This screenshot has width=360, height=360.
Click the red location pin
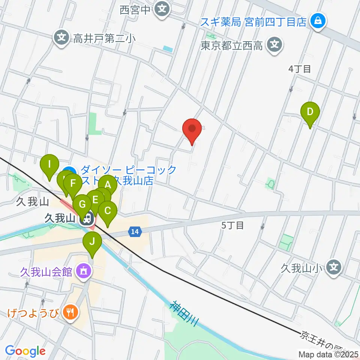[192, 129]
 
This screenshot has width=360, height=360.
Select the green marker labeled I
[49, 165]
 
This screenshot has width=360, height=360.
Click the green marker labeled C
[108, 211]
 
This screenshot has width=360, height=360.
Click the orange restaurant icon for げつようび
[70, 311]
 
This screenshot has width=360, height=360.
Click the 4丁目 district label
[300, 69]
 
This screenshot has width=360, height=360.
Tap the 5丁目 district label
[232, 225]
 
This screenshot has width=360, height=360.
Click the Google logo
[25, 351]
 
